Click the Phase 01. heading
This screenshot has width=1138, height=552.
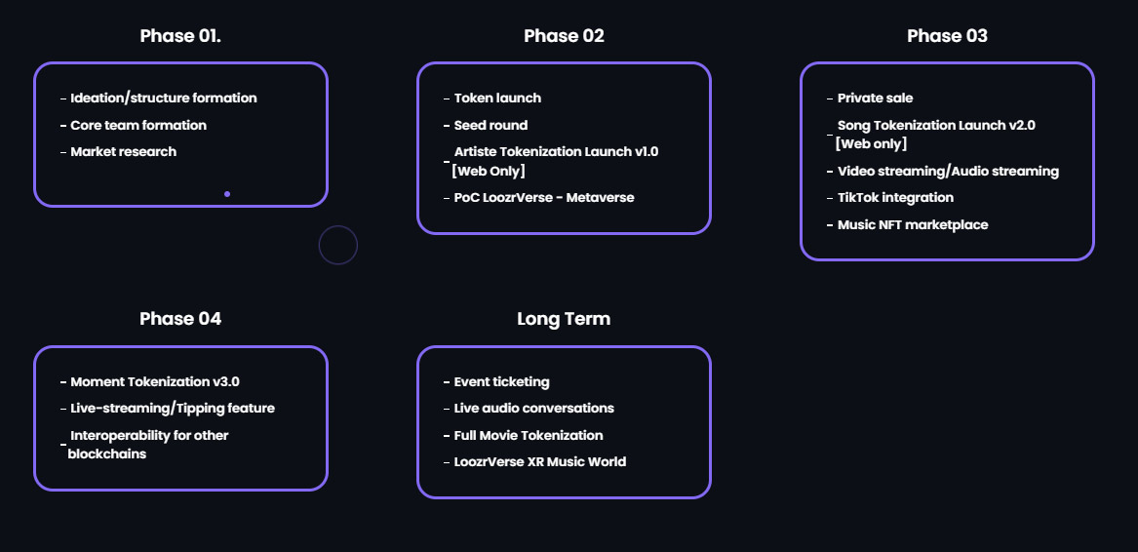point(180,35)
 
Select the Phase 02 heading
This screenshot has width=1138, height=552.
point(564,35)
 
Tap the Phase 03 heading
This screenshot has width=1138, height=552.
point(947,35)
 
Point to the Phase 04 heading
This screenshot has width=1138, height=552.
point(180,319)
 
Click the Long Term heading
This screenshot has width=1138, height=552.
point(564,319)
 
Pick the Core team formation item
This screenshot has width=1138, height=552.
point(138,125)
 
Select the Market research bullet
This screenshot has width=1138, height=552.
point(124,152)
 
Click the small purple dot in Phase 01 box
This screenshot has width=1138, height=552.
point(227,194)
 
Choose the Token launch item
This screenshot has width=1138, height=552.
point(497,99)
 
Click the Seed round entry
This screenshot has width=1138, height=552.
point(491,125)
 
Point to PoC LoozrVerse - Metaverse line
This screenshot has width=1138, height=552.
point(543,198)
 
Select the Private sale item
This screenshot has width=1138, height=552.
point(876,99)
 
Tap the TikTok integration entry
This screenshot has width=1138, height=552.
point(895,198)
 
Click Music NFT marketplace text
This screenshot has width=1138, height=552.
point(913,225)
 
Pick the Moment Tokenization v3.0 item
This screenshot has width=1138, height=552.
point(155,382)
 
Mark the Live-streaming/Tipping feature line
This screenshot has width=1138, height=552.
point(173,409)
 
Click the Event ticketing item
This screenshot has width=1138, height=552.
point(501,382)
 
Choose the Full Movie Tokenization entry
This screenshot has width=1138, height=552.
point(529,436)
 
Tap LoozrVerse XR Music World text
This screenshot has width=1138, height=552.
point(540,462)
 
